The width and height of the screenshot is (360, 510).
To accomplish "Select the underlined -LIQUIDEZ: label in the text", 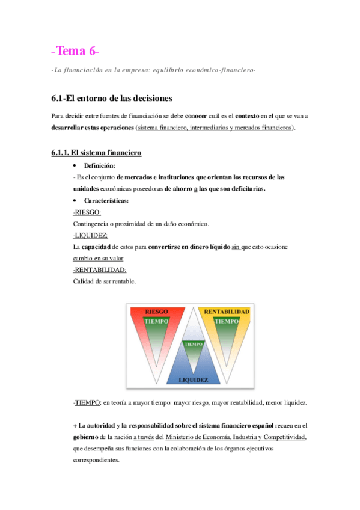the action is coord(90,235).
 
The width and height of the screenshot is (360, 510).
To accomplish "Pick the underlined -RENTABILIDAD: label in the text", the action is coord(100,269).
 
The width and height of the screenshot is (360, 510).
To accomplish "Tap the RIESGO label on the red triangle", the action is coord(157,312).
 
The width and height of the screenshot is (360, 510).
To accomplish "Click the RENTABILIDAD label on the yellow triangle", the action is coord(227,312).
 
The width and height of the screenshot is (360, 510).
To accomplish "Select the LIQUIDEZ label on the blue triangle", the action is coord(193,379).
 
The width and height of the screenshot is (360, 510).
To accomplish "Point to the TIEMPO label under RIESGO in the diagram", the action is coord(157,322).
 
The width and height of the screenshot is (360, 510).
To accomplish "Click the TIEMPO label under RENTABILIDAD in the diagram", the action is coord(227,322).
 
